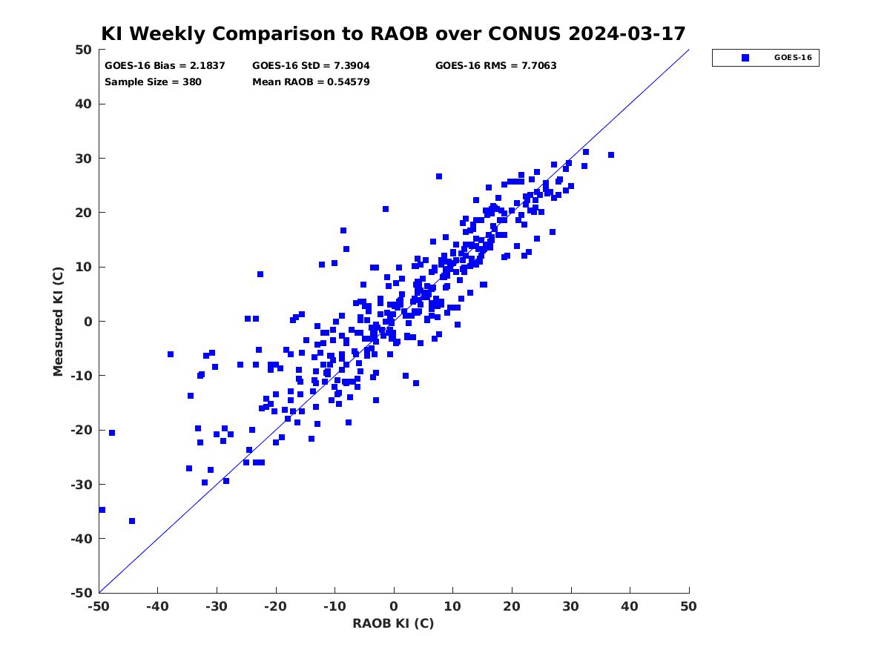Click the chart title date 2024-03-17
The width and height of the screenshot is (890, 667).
tap(627, 33)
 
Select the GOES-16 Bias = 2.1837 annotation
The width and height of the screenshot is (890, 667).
tap(165, 66)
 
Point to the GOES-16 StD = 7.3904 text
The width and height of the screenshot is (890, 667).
tap(311, 66)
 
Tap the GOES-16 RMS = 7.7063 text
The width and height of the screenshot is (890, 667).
tap(495, 66)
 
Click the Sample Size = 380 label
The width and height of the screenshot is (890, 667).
tap(153, 82)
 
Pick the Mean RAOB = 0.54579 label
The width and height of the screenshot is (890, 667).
tap(311, 82)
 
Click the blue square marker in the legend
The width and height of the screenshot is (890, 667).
tap(745, 58)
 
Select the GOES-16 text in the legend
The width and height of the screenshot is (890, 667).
tap(793, 58)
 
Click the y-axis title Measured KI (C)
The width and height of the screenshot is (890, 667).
tap(58, 321)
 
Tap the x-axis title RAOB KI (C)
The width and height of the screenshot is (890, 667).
tap(393, 623)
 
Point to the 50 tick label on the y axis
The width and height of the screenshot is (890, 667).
tap(84, 50)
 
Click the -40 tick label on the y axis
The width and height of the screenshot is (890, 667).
tap(82, 539)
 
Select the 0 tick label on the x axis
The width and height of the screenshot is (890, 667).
tap(393, 606)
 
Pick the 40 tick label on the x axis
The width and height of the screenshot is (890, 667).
tap(629, 606)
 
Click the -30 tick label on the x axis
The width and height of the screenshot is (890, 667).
tap(216, 606)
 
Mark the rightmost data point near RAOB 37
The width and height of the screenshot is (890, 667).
tap(610, 155)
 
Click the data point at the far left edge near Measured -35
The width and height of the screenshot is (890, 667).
tap(102, 510)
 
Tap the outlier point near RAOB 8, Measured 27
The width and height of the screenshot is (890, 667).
tap(439, 176)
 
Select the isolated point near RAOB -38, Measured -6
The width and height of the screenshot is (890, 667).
tap(171, 354)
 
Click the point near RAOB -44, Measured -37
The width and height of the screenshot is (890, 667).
tap(132, 521)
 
